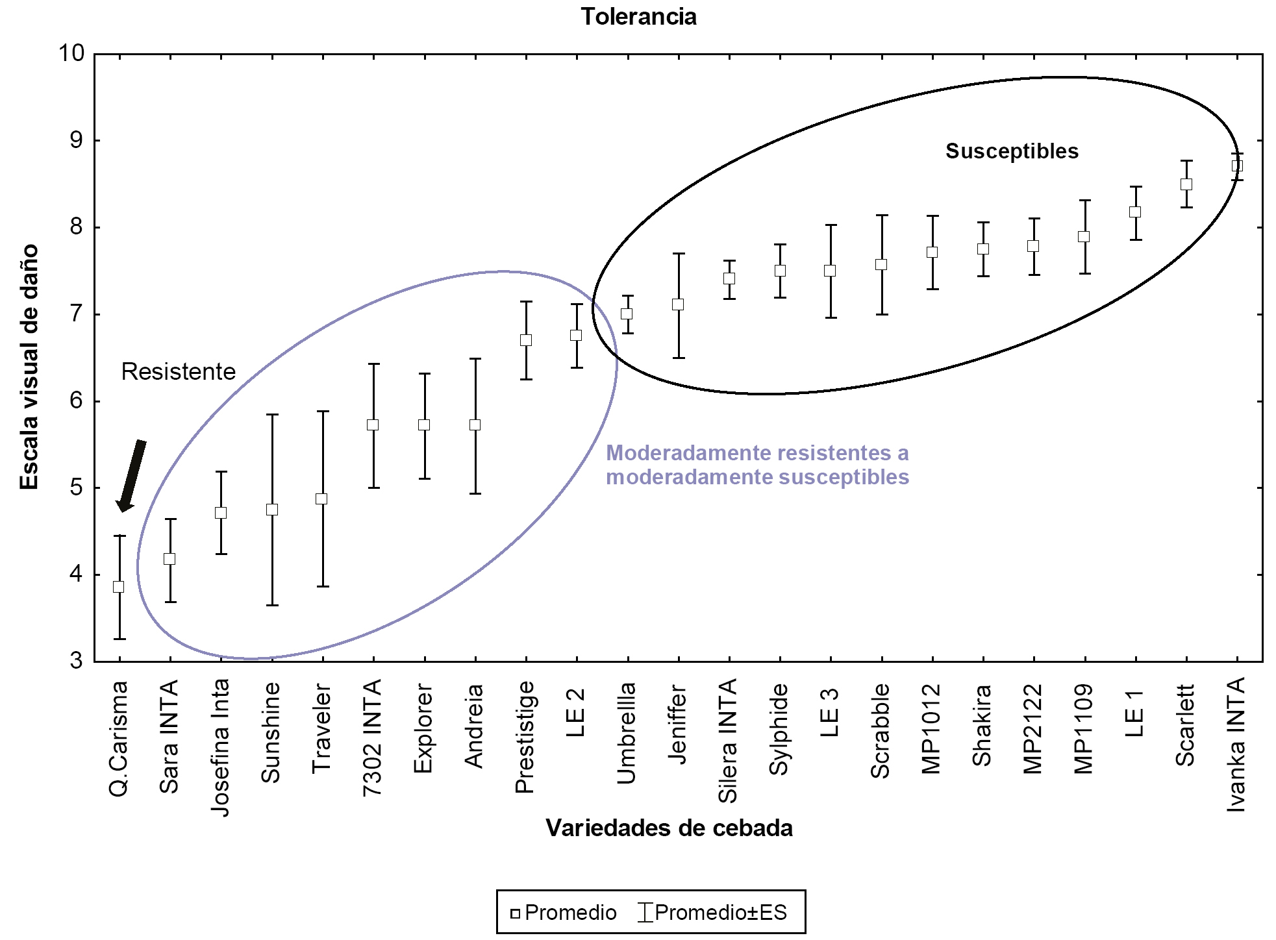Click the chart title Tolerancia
(638, 17)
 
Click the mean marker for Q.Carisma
(119, 587)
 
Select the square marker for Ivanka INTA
(1237, 166)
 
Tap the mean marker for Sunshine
(272, 510)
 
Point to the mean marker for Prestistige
(526, 340)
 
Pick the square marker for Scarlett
(1186, 184)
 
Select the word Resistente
(179, 372)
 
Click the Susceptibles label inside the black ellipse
(1012, 151)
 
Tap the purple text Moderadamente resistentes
(757, 453)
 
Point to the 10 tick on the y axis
(72, 53)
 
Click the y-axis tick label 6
(77, 401)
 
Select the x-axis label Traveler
(322, 728)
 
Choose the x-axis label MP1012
(932, 729)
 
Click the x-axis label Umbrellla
(627, 733)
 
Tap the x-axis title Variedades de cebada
(669, 828)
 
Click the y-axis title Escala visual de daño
(30, 367)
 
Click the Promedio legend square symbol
(515, 914)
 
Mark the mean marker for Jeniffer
(678, 305)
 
